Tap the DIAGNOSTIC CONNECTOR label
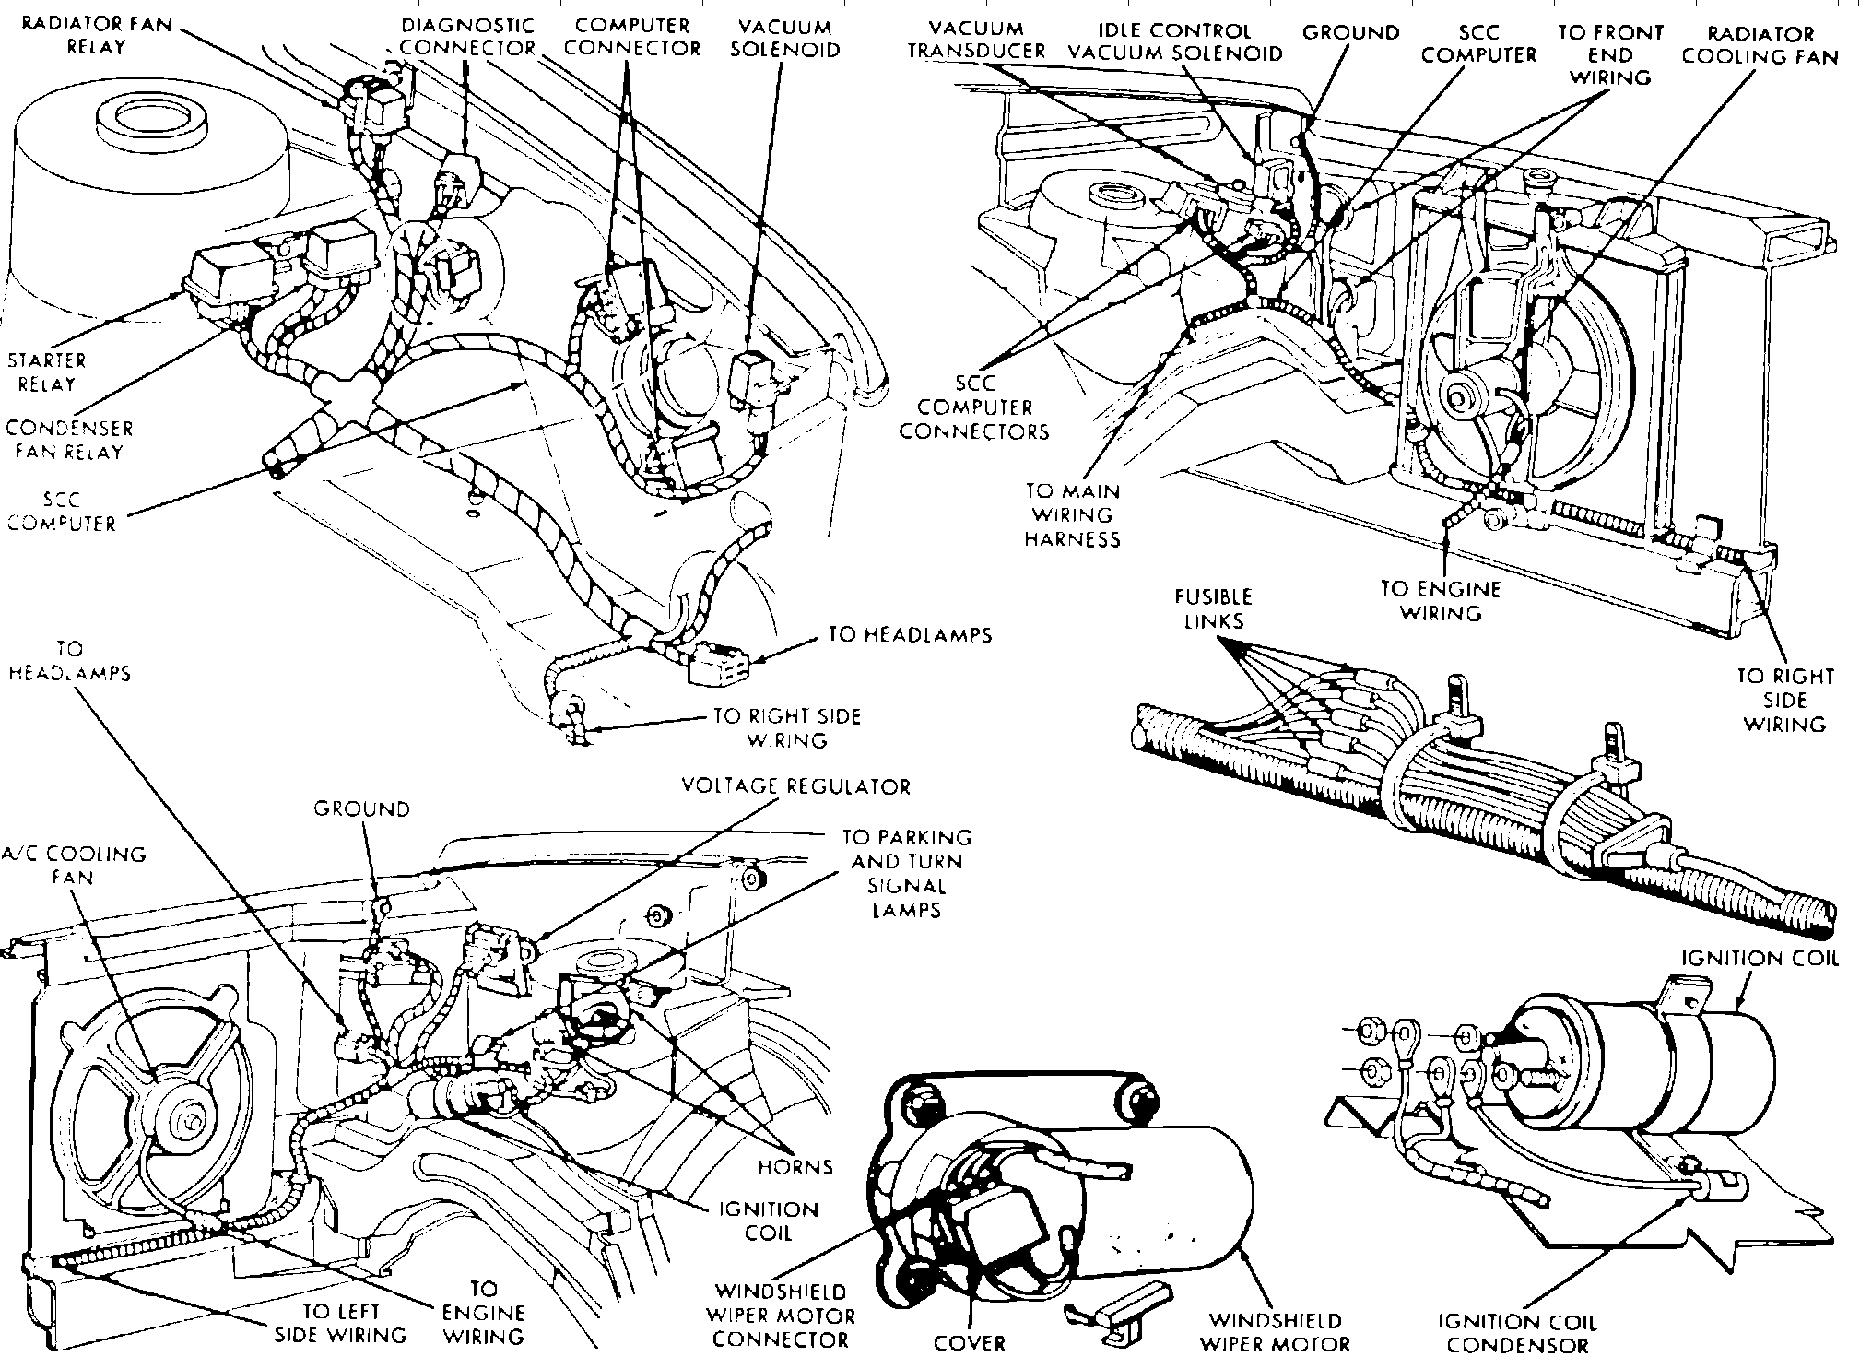[467, 37]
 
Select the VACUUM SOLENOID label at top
[785, 39]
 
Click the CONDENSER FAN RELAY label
[69, 440]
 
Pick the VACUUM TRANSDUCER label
[976, 40]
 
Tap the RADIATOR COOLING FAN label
[1760, 45]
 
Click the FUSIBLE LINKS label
[1214, 608]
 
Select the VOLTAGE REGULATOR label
[795, 786]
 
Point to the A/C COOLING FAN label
[73, 865]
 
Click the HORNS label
[795, 1167]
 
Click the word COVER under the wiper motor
[969, 1342]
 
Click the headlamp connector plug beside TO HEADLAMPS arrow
[719, 662]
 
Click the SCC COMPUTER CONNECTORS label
[974, 407]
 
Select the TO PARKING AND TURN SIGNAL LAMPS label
[907, 873]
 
